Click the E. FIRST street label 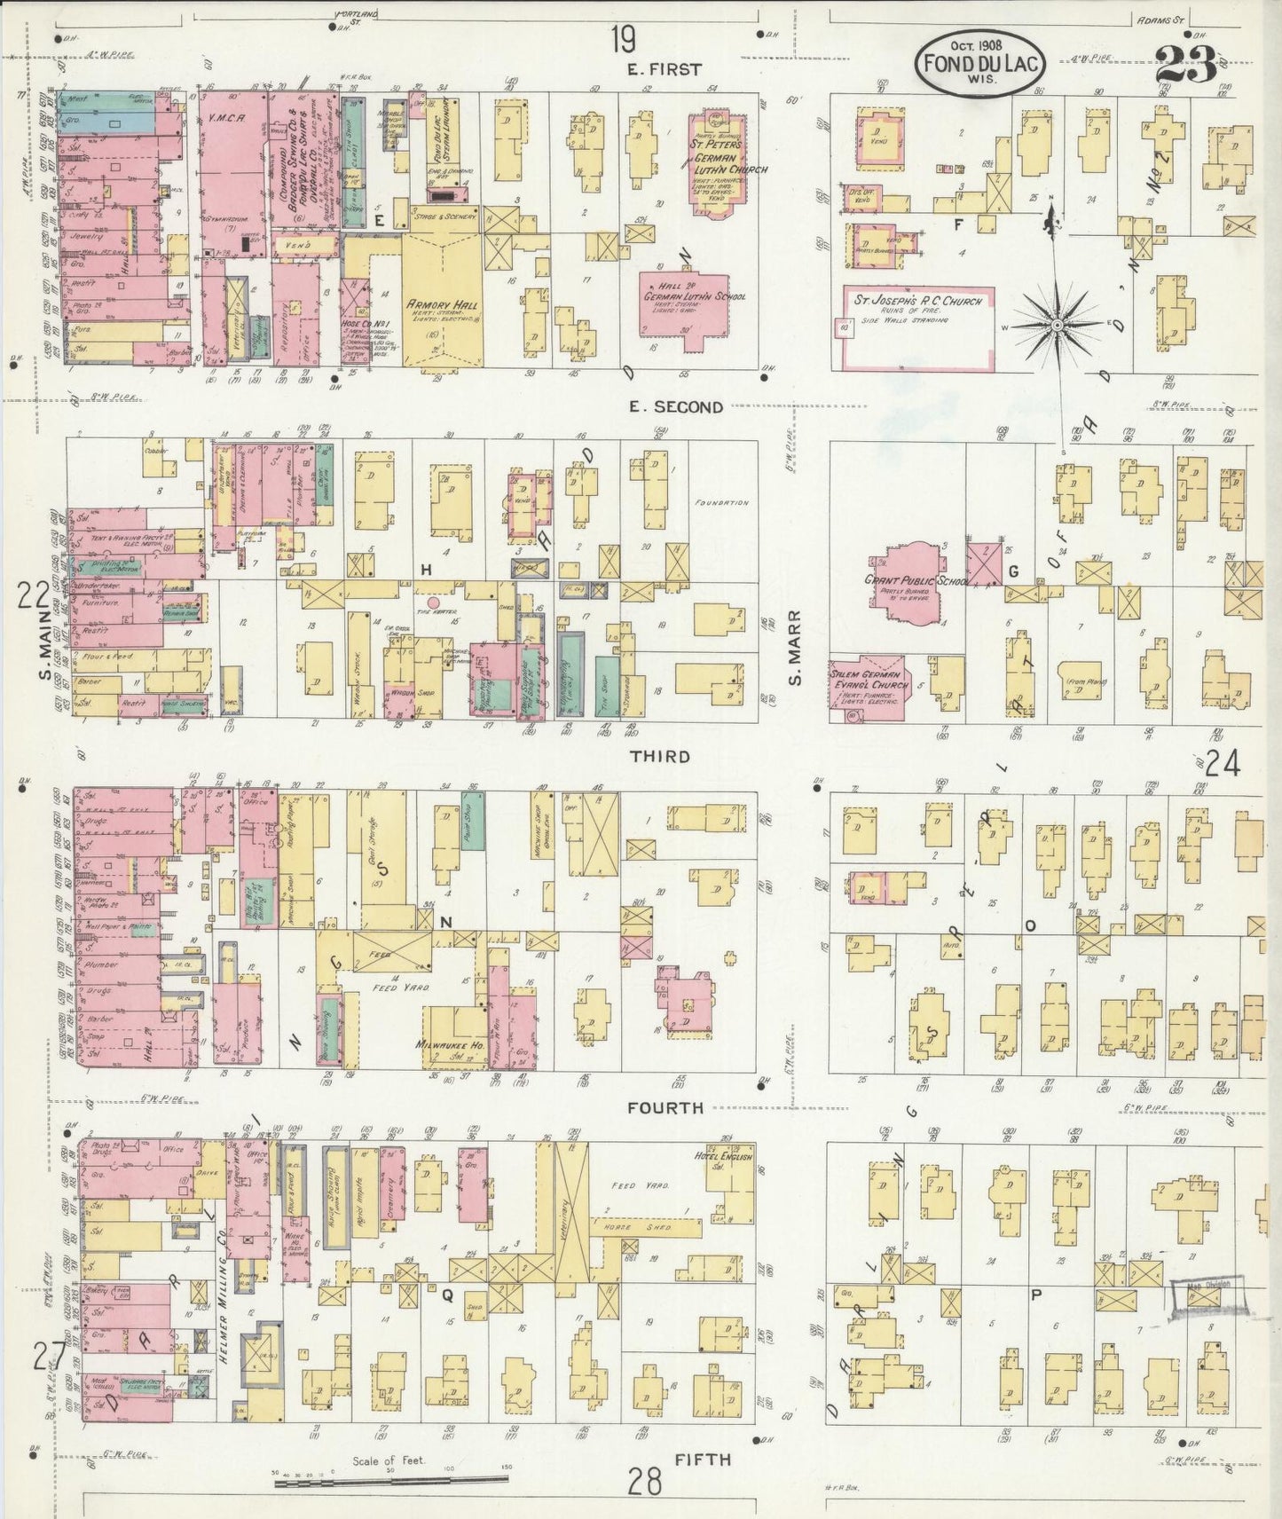click(665, 69)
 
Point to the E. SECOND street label click(675, 407)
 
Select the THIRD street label click(660, 756)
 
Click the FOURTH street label click(665, 1107)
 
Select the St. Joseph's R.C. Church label click(917, 301)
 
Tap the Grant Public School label click(905, 580)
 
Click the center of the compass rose click(1058, 327)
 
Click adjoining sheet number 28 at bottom click(646, 1481)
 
